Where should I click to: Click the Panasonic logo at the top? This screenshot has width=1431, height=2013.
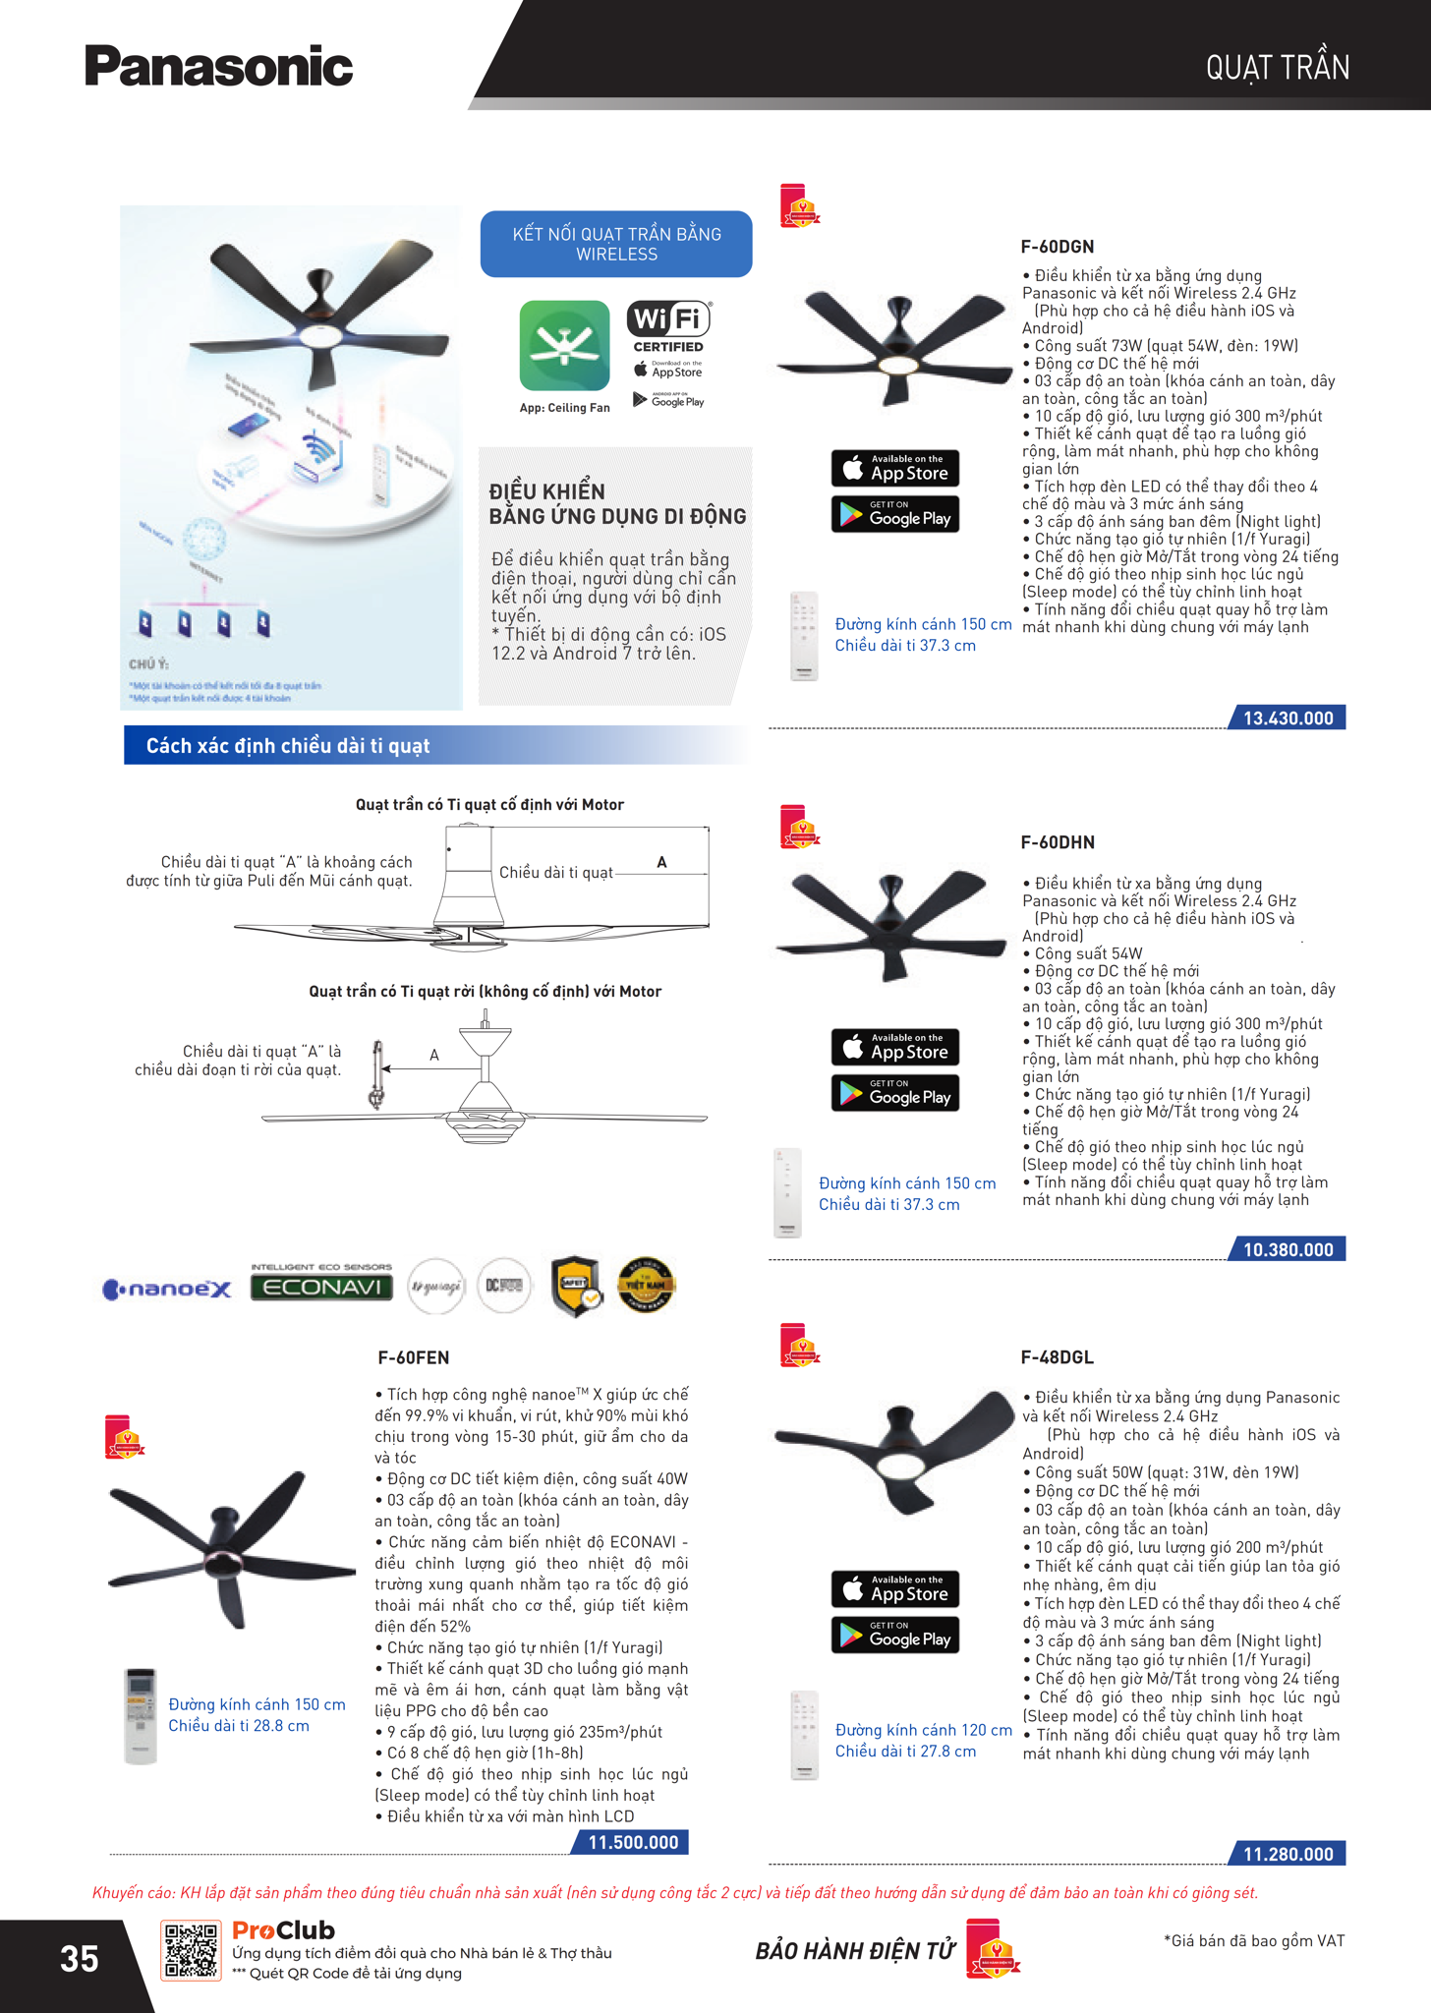218,67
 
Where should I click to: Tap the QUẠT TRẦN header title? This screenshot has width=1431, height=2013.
1277,68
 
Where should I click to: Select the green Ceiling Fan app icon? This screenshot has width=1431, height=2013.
564,346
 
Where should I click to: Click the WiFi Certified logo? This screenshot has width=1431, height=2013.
668,326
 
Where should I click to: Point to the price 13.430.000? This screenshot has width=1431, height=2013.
1288,719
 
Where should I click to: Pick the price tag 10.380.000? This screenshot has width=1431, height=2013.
1288,1250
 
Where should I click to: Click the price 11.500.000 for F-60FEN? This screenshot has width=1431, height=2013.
632,1842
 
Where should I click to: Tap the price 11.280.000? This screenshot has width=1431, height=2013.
1288,1855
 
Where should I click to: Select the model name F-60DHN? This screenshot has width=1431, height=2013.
1058,842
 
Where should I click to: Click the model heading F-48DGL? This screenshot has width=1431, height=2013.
1057,1357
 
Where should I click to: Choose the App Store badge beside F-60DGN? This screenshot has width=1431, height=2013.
895,468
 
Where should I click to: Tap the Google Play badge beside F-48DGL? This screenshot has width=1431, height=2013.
895,1635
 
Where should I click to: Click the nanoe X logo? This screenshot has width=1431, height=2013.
167,1289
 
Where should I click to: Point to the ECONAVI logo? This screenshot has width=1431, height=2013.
321,1287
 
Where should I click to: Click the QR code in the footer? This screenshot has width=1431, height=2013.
191,1950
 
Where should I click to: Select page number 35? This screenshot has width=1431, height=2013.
80,1958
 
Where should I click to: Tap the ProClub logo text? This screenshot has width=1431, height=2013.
283,1930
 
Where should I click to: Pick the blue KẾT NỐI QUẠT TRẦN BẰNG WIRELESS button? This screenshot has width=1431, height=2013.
616,244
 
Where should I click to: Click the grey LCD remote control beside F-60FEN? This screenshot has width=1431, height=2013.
141,1715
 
